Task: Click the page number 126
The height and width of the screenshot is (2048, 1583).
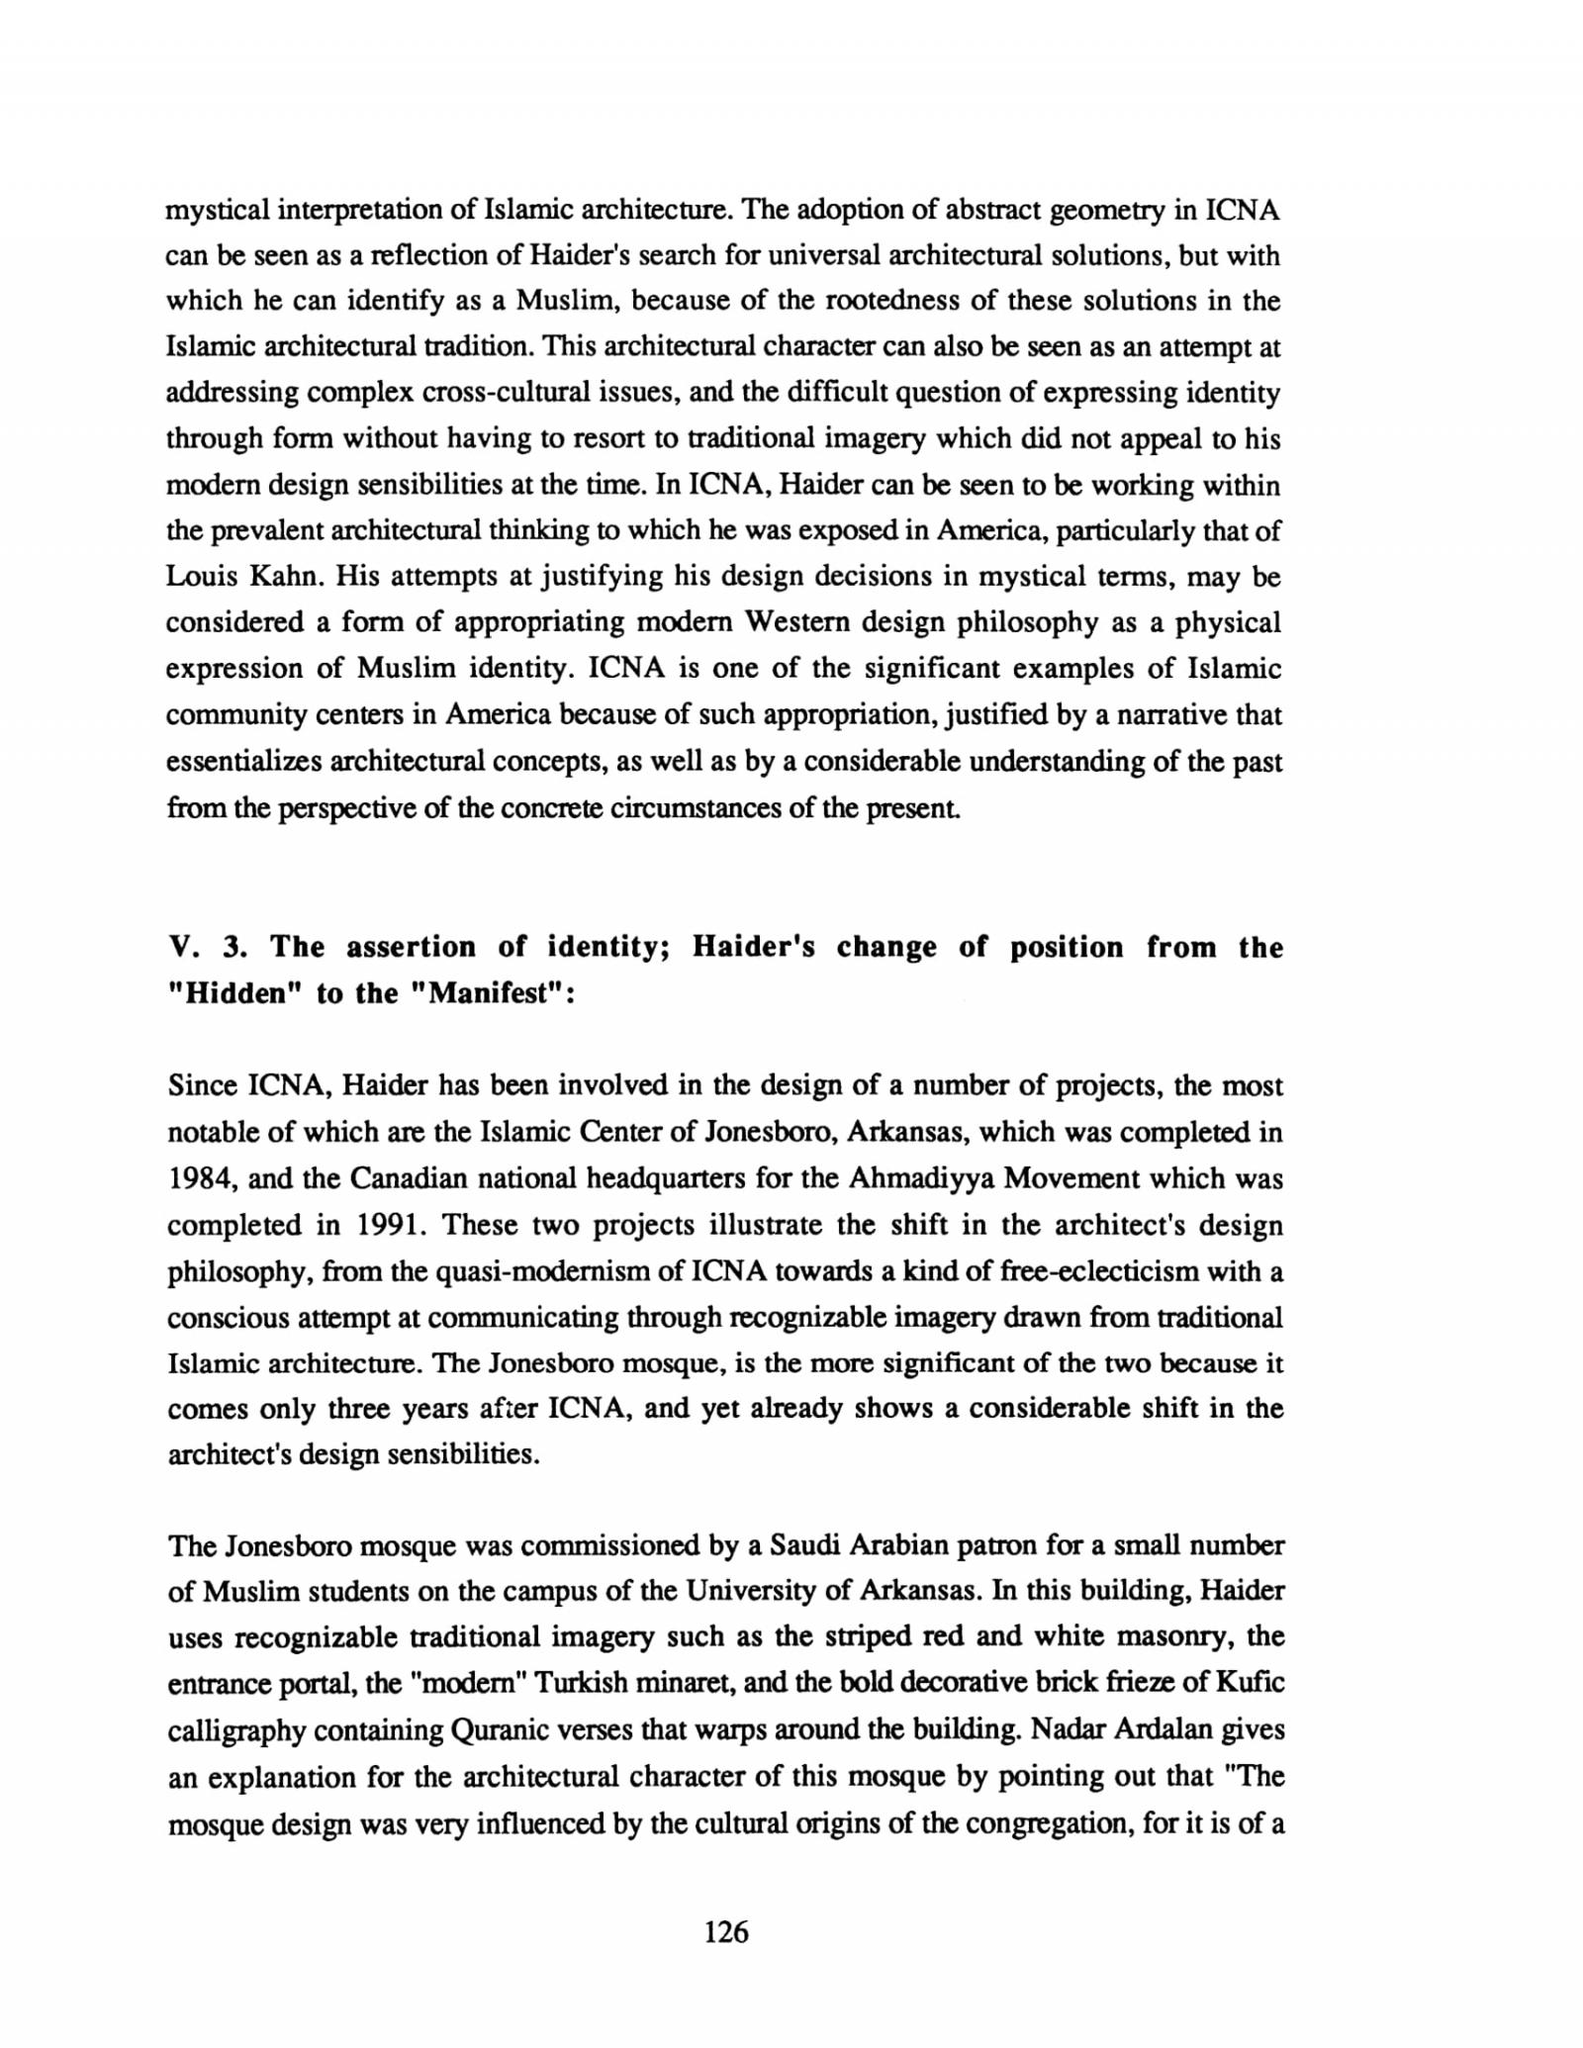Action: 726,1930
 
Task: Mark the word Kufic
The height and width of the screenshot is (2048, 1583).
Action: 1250,1682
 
